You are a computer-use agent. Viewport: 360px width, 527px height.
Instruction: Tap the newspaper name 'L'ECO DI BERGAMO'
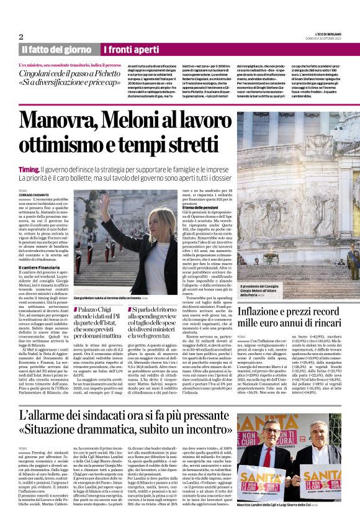point(328,34)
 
